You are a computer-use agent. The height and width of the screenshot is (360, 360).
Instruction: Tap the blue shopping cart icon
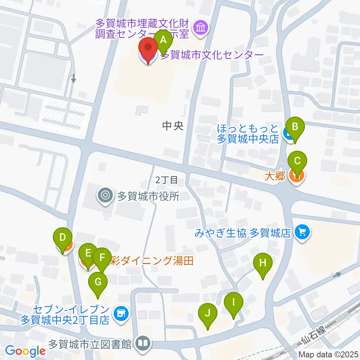click(x=302, y=233)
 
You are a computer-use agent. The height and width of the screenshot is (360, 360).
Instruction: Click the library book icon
click(x=142, y=343)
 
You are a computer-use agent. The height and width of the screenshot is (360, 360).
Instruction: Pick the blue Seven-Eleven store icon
click(x=120, y=312)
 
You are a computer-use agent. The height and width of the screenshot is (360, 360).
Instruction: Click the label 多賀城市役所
click(x=149, y=196)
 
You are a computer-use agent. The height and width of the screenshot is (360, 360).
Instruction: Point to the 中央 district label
click(x=173, y=126)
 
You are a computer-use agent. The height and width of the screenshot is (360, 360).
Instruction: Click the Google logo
click(x=25, y=351)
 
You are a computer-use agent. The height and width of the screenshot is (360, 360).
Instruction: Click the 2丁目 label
click(x=167, y=180)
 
